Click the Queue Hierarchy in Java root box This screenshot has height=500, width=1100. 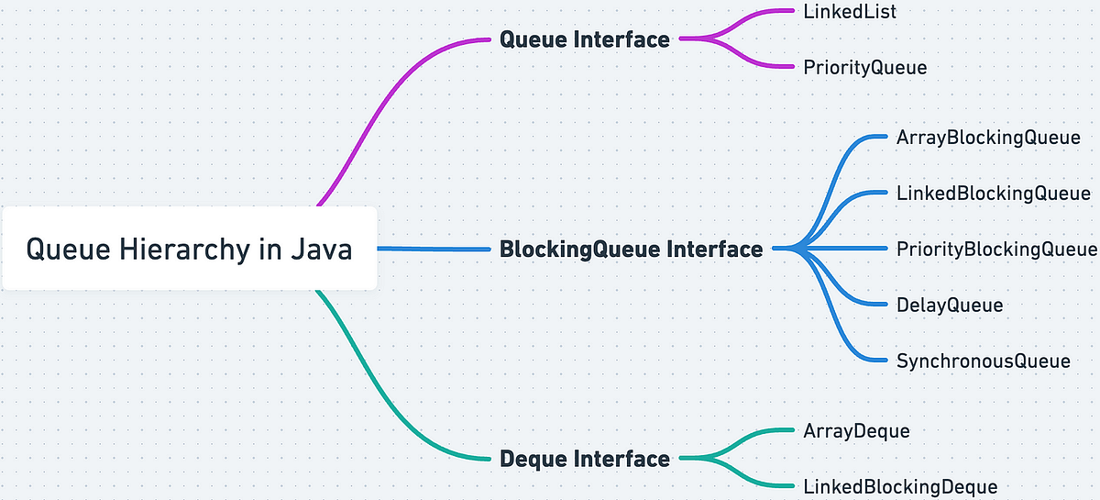point(189,249)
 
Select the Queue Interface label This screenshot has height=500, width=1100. point(584,39)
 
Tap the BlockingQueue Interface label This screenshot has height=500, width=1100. point(631,249)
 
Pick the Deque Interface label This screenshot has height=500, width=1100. point(585,459)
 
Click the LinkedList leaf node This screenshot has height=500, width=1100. point(849,12)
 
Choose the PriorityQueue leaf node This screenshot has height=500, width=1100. point(864,67)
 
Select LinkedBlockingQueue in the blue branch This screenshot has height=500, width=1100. point(993,194)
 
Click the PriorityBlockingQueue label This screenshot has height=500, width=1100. point(995,249)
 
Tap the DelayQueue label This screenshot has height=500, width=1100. point(949,305)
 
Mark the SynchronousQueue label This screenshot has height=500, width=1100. point(983,361)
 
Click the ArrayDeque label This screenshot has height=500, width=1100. point(856,430)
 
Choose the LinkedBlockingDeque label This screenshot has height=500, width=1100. point(899,486)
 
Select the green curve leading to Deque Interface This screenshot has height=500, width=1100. point(385,394)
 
